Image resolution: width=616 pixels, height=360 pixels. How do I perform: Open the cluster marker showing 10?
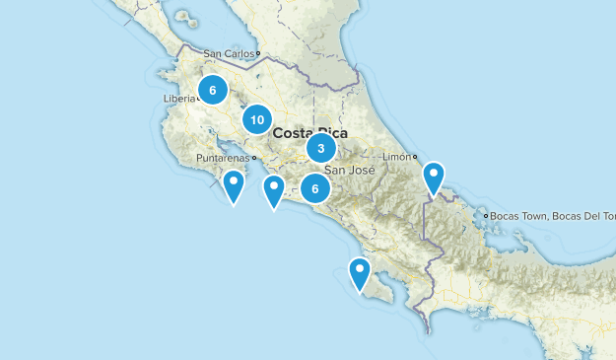[256, 119]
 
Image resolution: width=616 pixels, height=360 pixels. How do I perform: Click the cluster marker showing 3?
[320, 148]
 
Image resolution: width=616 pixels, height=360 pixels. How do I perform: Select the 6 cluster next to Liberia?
[212, 90]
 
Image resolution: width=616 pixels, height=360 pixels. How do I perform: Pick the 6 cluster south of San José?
[314, 187]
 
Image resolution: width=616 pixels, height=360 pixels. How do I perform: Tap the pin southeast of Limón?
[435, 178]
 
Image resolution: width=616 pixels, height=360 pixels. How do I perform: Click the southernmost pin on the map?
[360, 271]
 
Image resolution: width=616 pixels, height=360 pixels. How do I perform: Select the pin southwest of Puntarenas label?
[234, 183]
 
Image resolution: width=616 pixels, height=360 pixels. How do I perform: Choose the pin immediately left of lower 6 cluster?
[273, 189]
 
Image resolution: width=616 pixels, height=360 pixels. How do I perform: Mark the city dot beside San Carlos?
[258, 54]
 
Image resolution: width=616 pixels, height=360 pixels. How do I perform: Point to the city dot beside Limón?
[415, 157]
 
